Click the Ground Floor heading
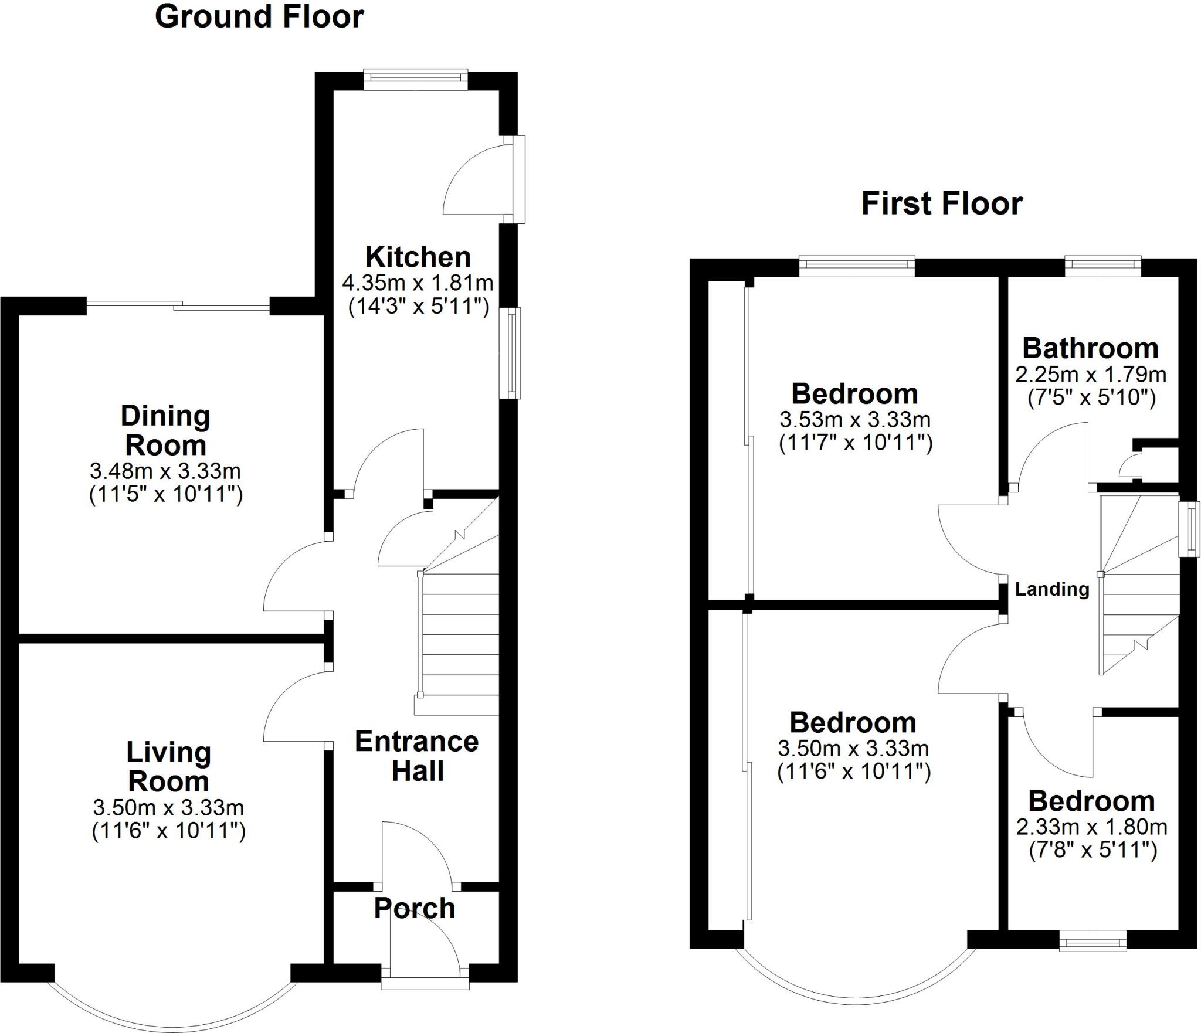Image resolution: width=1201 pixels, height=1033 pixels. click(259, 17)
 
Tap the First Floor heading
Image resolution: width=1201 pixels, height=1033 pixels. click(942, 204)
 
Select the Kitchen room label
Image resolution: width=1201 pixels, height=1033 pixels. click(418, 257)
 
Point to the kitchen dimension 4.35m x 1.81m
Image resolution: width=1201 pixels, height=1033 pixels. click(418, 283)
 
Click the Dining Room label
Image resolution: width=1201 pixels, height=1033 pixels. click(165, 430)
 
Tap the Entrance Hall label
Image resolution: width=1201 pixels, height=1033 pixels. click(417, 756)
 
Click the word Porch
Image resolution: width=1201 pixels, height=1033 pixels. click(415, 908)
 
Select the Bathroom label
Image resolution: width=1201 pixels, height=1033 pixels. click(1091, 348)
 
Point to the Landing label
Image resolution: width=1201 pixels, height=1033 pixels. click(1052, 589)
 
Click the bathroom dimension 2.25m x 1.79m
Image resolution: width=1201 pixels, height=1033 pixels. click(1091, 374)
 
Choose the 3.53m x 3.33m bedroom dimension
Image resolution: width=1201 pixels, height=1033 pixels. click(855, 419)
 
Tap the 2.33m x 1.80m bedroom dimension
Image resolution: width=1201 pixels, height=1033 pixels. click(1092, 827)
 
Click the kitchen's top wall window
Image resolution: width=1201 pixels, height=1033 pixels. click(415, 79)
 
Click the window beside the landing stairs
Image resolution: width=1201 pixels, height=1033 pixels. click(1190, 529)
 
